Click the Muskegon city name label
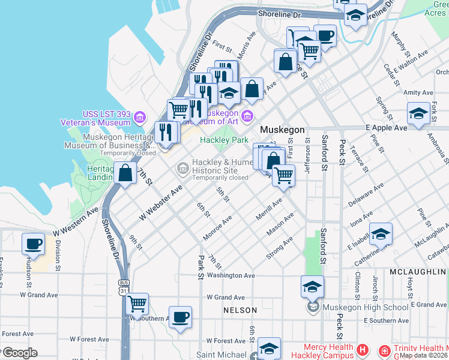pyautogui.click(x=282, y=130)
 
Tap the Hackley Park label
pyautogui.click(x=224, y=140)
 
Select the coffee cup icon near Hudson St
pyautogui.click(x=34, y=244)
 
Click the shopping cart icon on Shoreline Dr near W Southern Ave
pyautogui.click(x=137, y=304)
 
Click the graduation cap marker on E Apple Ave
pyautogui.click(x=418, y=113)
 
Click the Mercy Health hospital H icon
pyautogui.click(x=362, y=349)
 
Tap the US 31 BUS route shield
pyautogui.click(x=124, y=287)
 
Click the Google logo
pyautogui.click(x=19, y=352)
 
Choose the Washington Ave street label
pyautogui.click(x=231, y=275)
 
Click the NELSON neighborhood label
pyautogui.click(x=240, y=310)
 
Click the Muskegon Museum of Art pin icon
pyautogui.click(x=247, y=115)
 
